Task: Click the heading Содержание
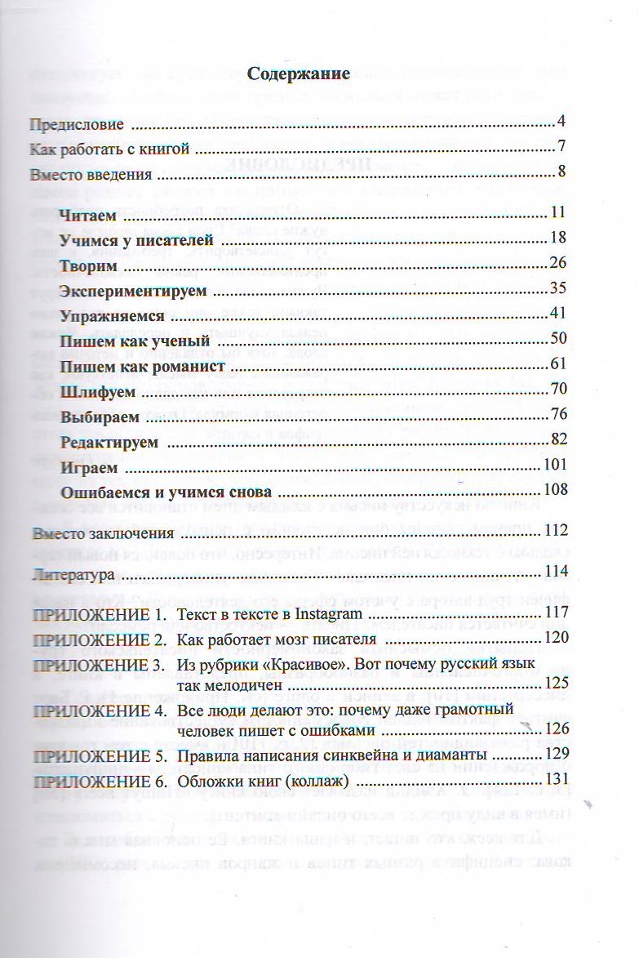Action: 299,74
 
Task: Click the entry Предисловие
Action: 77,125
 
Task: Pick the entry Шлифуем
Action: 98,391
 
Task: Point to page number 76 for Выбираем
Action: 558,414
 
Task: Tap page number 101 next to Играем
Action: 555,466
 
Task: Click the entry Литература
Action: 70,574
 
